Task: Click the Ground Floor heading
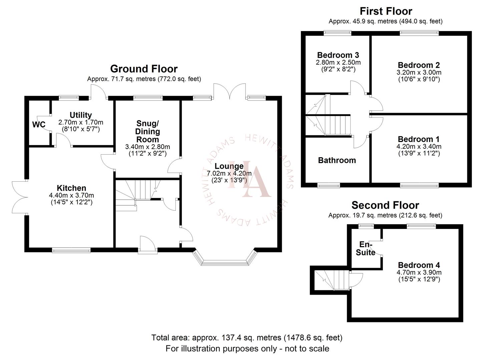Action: pyautogui.click(x=144, y=69)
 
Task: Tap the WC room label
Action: pyautogui.click(x=39, y=125)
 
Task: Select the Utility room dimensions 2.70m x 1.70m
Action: pyautogui.click(x=81, y=122)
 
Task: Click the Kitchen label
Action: pyautogui.click(x=71, y=188)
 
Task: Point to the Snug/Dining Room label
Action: pyautogui.click(x=147, y=132)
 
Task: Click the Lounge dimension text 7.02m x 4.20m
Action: pyautogui.click(x=229, y=173)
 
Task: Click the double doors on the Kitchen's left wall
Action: pyautogui.click(x=19, y=197)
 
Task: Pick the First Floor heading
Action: pyautogui.click(x=386, y=11)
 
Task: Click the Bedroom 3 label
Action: pyautogui.click(x=338, y=55)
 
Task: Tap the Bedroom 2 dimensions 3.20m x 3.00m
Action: pyautogui.click(x=419, y=72)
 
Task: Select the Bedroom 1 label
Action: pyautogui.click(x=419, y=139)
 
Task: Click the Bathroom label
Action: pyautogui.click(x=337, y=160)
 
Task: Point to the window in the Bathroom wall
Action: pyautogui.click(x=329, y=185)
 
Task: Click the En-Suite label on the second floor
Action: pyautogui.click(x=366, y=249)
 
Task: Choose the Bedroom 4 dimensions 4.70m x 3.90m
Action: pyautogui.click(x=419, y=272)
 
